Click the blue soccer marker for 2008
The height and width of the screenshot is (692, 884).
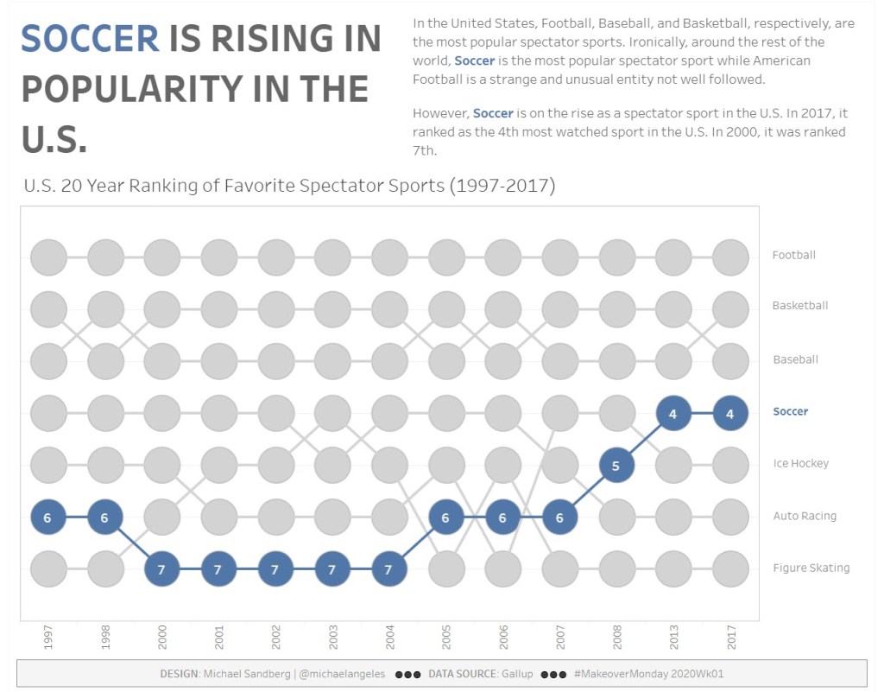click(616, 466)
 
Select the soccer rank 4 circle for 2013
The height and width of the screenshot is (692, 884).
click(673, 414)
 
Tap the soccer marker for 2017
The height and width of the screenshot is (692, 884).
click(730, 414)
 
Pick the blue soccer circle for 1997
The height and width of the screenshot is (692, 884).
click(48, 517)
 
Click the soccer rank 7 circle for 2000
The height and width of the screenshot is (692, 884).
click(161, 569)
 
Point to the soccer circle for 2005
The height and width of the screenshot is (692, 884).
click(446, 517)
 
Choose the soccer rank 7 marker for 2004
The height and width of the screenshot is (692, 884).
click(389, 569)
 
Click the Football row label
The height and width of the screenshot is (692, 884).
click(793, 255)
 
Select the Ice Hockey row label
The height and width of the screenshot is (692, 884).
click(800, 464)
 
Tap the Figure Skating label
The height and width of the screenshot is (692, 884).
click(811, 568)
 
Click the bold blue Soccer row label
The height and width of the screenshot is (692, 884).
click(790, 411)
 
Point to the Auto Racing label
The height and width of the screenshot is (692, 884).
click(805, 516)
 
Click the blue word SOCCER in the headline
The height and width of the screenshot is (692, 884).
click(90, 39)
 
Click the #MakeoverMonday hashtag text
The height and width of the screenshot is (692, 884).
click(654, 674)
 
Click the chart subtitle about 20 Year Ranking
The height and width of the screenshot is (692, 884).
click(289, 186)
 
